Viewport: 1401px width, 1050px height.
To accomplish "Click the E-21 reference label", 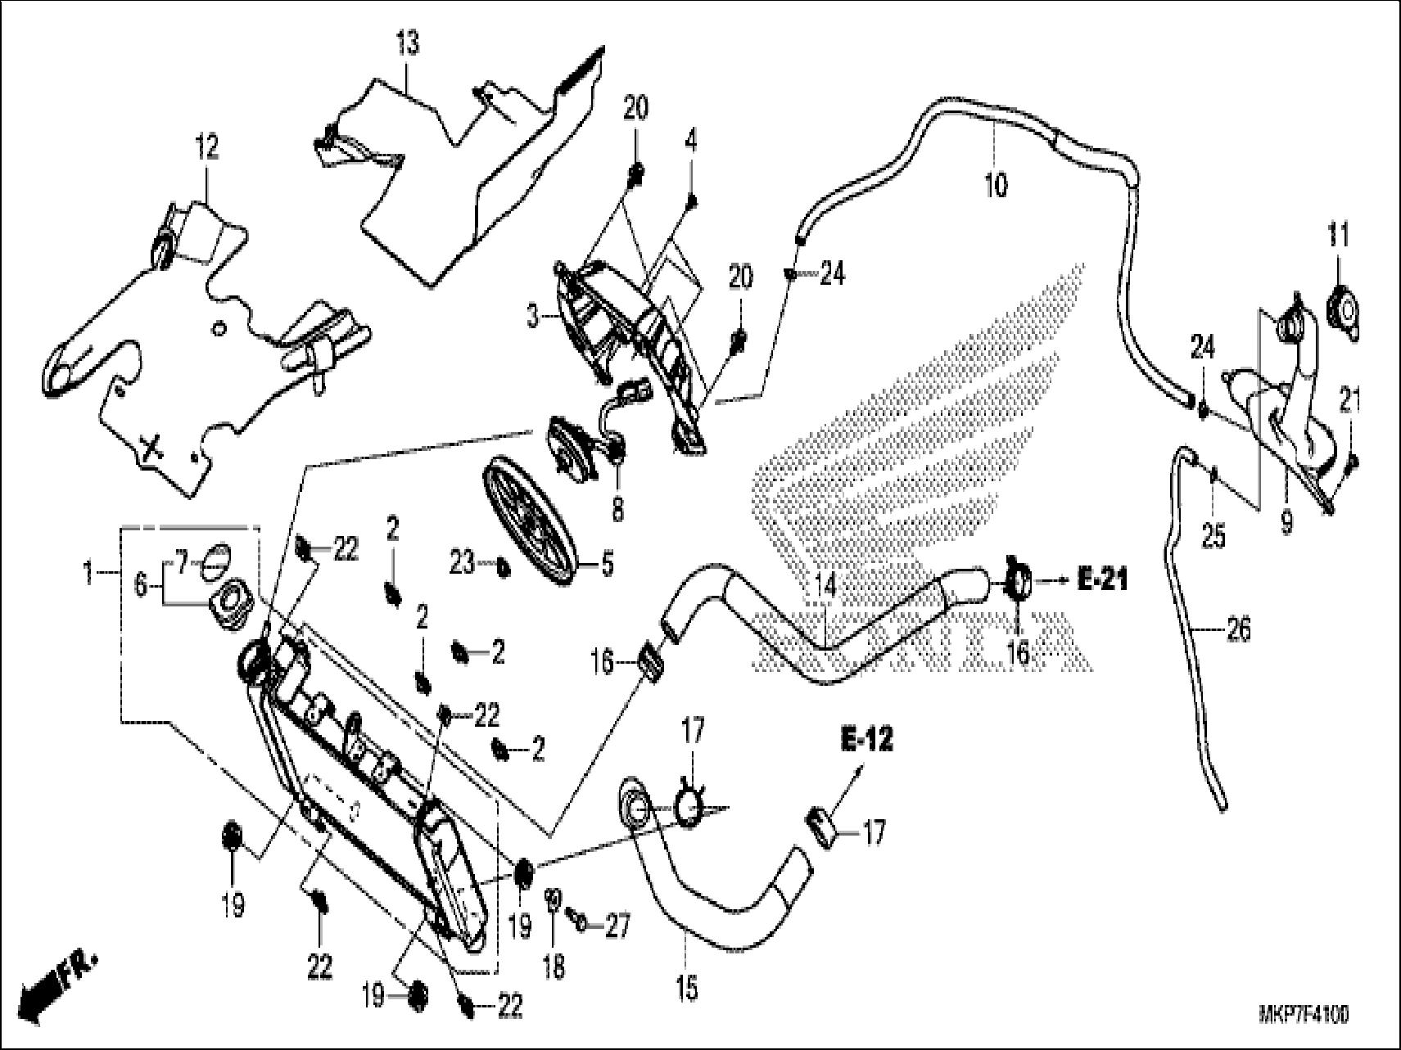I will pyautogui.click(x=1102, y=581).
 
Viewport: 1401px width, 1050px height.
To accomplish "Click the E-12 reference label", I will pyautogui.click(x=866, y=740).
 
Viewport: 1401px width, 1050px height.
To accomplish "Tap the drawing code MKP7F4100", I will pyautogui.click(x=1303, y=1016).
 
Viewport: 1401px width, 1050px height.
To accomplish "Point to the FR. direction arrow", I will pyautogui.click(x=57, y=986).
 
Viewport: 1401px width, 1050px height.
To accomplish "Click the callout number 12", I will pyautogui.click(x=206, y=148).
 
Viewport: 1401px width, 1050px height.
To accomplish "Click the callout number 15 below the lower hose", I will pyautogui.click(x=687, y=988).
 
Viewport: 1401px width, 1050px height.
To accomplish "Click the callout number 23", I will pyautogui.click(x=462, y=563).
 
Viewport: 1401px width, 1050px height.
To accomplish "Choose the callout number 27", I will pyautogui.click(x=617, y=926).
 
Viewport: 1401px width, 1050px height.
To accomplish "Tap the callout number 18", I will pyautogui.click(x=554, y=968).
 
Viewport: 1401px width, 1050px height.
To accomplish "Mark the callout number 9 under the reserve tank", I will pyautogui.click(x=1286, y=521).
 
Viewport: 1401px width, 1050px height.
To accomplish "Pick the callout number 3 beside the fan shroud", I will pyautogui.click(x=534, y=315).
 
